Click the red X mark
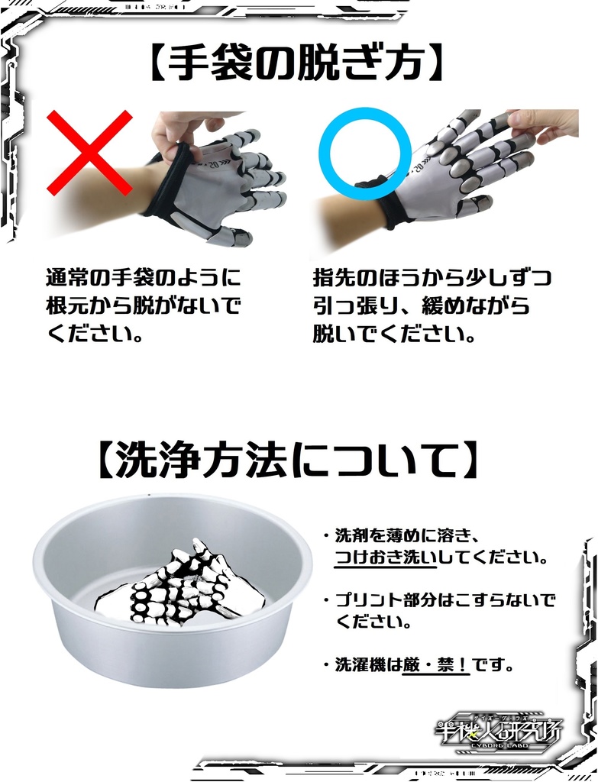pyautogui.click(x=90, y=153)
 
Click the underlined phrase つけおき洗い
pyautogui.click(x=386, y=557)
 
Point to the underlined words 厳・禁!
pyautogui.click(x=436, y=664)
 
